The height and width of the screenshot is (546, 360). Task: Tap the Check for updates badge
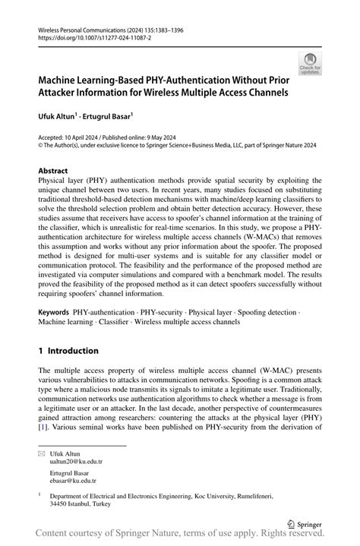point(310,64)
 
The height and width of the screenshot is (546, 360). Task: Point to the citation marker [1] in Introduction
point(43,427)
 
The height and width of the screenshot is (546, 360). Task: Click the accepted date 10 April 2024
point(87,136)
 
